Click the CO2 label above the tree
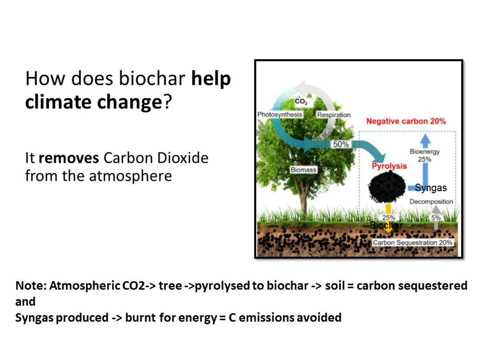click(x=301, y=102)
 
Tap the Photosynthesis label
click(x=280, y=114)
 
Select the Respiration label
click(x=334, y=115)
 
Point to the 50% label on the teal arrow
click(x=341, y=144)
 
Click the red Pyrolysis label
click(x=389, y=166)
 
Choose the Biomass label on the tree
click(x=303, y=170)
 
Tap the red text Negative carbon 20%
click(x=406, y=121)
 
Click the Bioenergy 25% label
click(x=425, y=156)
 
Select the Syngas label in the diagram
click(x=430, y=188)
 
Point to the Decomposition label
click(x=431, y=202)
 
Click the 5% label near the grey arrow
click(x=436, y=218)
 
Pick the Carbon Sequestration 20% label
click(x=412, y=242)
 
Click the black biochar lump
click(x=387, y=187)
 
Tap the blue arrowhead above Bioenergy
click(x=425, y=138)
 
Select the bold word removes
click(x=69, y=158)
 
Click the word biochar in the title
click(x=152, y=78)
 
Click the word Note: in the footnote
click(x=31, y=286)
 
